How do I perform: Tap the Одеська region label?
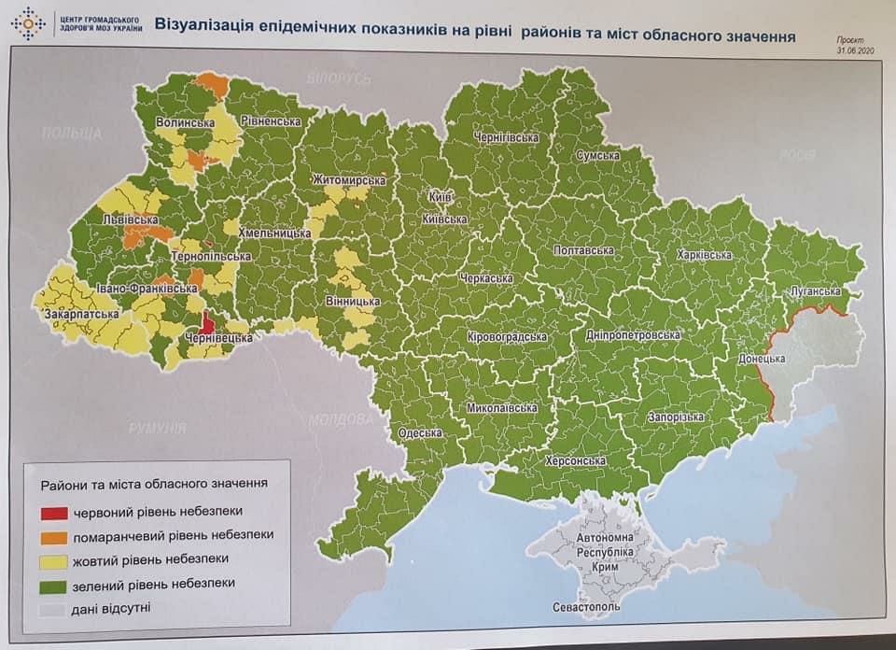tap(419, 433)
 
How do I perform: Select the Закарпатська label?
tap(81, 315)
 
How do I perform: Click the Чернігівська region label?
tap(507, 138)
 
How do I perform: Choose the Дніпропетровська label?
tap(634, 334)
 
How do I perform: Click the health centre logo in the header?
tap(28, 22)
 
